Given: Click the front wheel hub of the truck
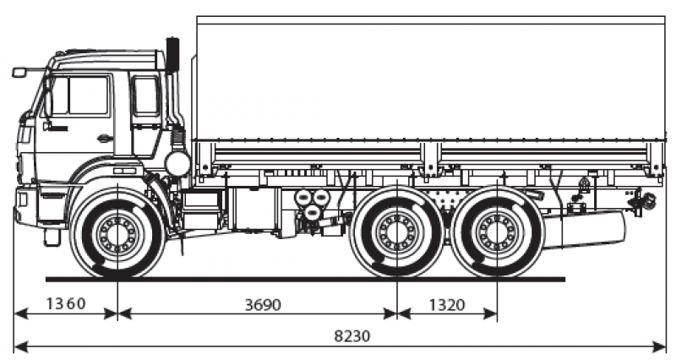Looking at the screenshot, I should [117, 231].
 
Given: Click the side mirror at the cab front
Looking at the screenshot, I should [19, 73].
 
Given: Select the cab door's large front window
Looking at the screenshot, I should [81, 95].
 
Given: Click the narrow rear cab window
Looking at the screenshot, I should [145, 96].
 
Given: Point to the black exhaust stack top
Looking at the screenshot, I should [173, 54].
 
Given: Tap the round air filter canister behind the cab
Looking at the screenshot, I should [177, 163].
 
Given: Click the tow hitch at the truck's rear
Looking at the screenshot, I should [646, 201].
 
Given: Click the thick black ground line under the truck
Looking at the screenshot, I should [304, 278].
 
